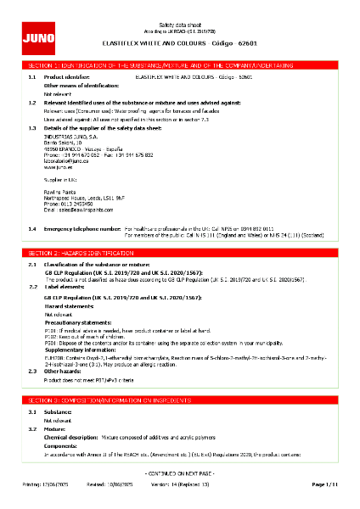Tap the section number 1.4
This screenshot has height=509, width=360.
[31, 205]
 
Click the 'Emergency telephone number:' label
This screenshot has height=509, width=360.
[82, 205]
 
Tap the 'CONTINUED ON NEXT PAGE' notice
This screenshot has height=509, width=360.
[180, 472]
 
